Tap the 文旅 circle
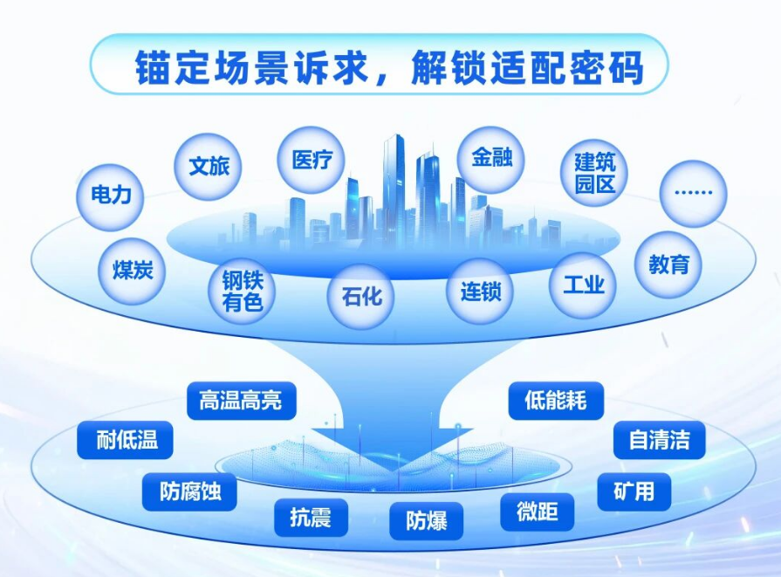pos(209,166)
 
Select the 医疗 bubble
pos(312,161)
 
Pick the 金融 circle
pos(490,160)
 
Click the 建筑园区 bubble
pos(595,174)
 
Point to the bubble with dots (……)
pos(693,194)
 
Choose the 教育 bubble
pos(668,264)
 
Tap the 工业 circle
pos(583,285)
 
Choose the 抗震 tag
pos(311,518)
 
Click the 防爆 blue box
pos(427,521)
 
